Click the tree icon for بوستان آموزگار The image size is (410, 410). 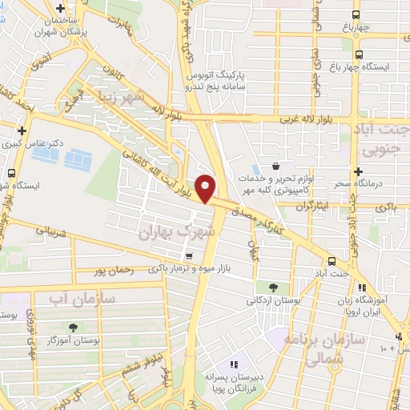pos(74,327)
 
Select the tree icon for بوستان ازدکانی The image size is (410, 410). pos(273,287)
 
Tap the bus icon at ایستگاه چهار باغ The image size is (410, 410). pos(357,54)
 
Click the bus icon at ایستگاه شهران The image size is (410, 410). pos(11,173)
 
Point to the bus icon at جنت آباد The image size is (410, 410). pos(332,261)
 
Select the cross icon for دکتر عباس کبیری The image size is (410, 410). pos(22,130)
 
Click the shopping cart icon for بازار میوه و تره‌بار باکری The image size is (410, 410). pos(188,257)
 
